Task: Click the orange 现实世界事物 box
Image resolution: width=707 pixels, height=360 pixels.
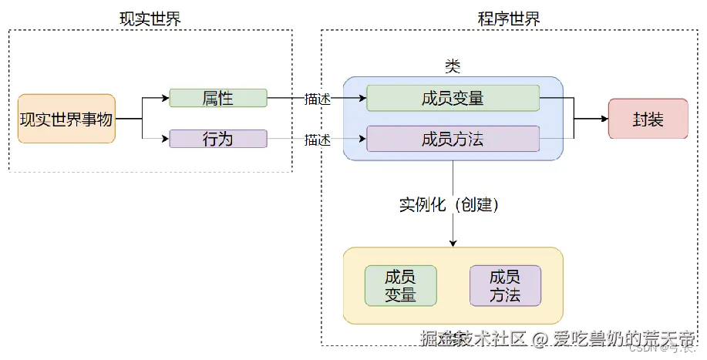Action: [66, 119]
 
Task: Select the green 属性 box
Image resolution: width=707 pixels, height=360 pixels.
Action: [218, 98]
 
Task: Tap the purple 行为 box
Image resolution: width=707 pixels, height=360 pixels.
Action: [218, 139]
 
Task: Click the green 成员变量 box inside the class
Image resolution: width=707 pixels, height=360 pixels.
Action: [453, 98]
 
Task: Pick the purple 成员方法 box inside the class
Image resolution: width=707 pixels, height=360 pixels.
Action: [453, 139]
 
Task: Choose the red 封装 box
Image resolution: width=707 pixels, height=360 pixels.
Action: [648, 119]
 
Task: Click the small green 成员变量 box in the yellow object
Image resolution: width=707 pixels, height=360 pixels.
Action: [400, 285]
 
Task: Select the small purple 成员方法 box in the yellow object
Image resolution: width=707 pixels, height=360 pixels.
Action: [505, 285]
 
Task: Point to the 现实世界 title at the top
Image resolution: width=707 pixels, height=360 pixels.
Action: [150, 19]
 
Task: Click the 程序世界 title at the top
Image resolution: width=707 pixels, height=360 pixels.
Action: [510, 19]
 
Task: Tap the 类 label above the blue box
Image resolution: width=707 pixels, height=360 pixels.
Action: [453, 66]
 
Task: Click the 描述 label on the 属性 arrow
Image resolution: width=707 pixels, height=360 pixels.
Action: [317, 99]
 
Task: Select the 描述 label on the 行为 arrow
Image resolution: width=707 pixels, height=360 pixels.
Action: [317, 140]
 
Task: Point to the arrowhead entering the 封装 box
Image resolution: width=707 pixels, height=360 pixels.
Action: [604, 119]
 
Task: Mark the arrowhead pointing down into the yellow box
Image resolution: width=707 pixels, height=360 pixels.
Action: [453, 243]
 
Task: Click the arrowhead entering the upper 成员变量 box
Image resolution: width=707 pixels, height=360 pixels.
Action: [362, 99]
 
